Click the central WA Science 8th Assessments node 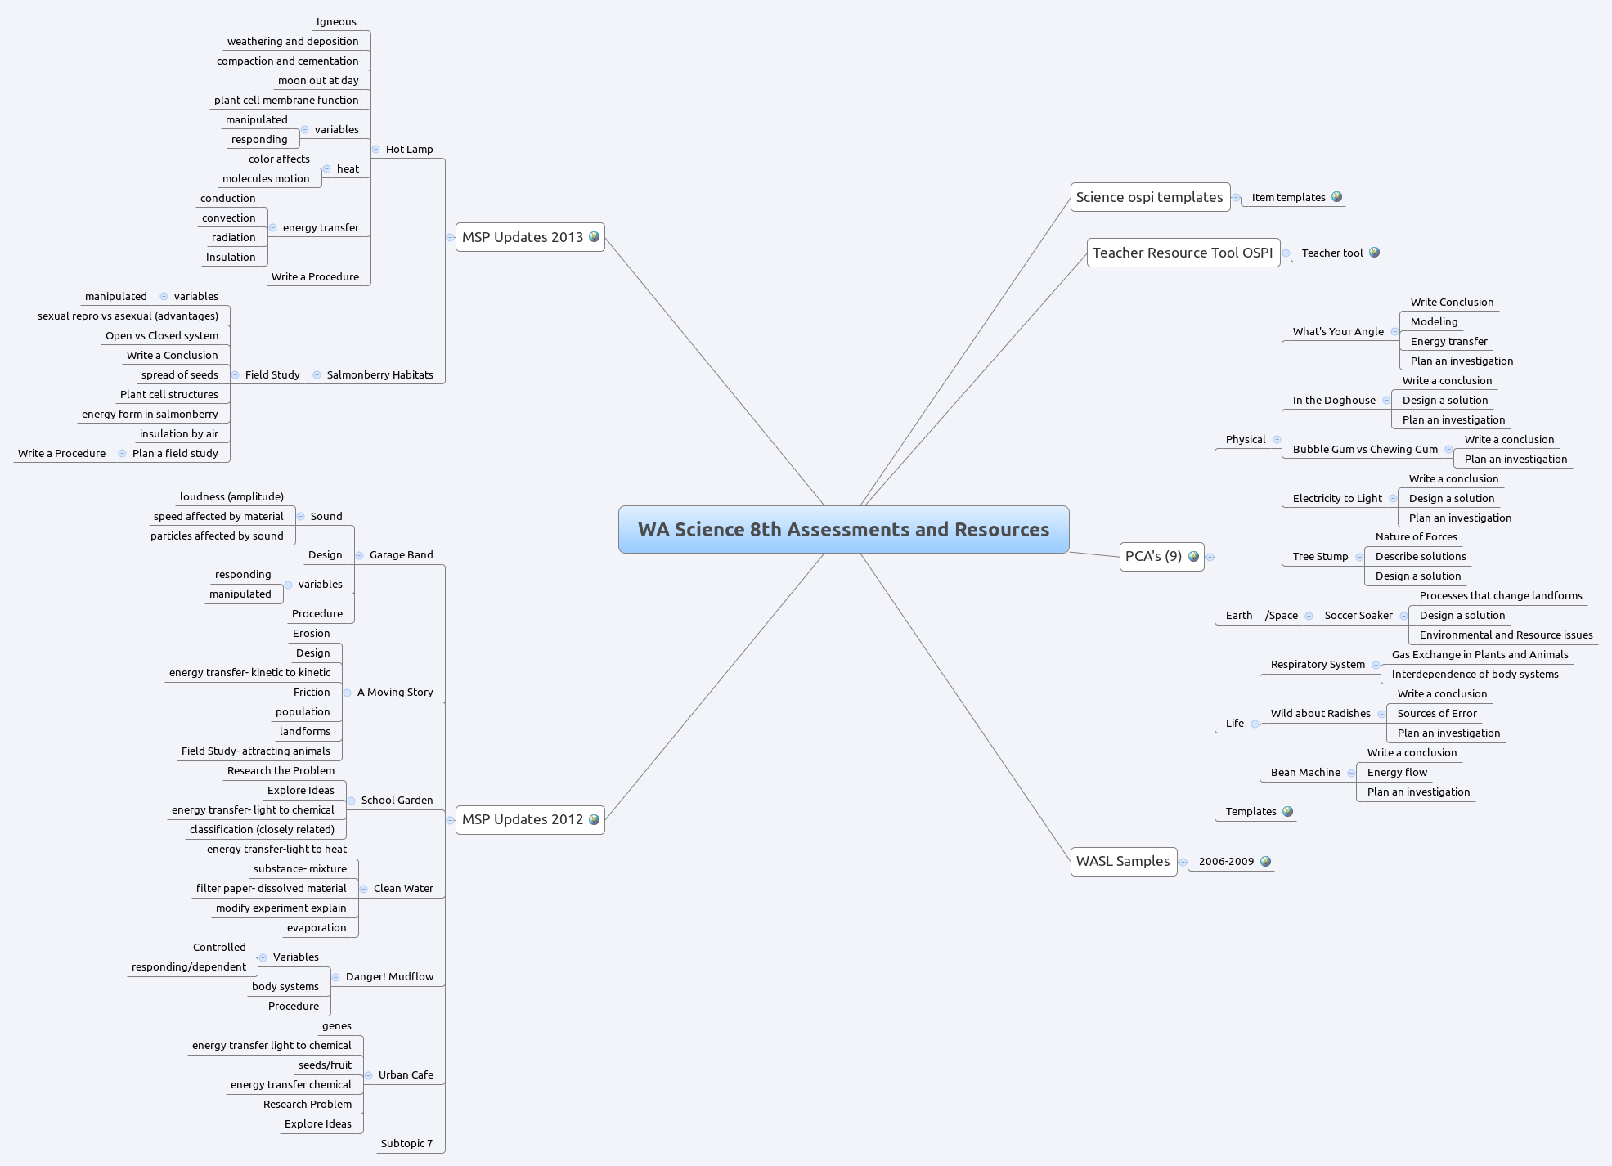[843, 529]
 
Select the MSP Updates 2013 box [523, 237]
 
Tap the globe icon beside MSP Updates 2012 [595, 819]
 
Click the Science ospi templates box [1149, 197]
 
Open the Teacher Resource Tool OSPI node [1182, 253]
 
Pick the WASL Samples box [1122, 861]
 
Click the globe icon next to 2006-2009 [1266, 861]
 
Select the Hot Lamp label [409, 149]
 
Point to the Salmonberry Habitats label [379, 374]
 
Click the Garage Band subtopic [401, 554]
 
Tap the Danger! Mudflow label [389, 976]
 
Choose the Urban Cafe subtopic [406, 1074]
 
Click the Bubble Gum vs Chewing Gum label [1365, 449]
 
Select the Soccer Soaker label [1358, 615]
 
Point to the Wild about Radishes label [1320, 713]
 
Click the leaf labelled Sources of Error [1437, 713]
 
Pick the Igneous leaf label [336, 22]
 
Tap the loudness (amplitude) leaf [231, 496]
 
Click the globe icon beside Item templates [1337, 197]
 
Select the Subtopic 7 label [406, 1143]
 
